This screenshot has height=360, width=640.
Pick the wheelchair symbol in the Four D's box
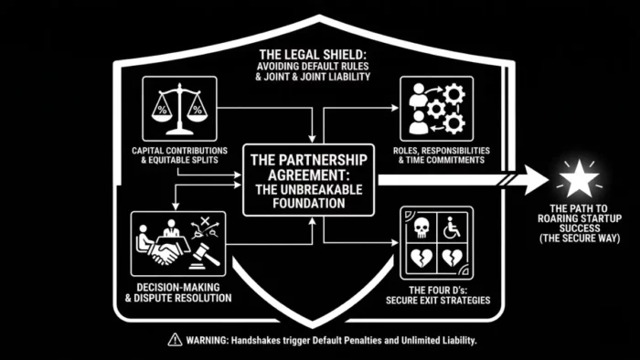pos(452,225)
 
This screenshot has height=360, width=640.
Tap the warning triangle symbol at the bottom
pos(174,338)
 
